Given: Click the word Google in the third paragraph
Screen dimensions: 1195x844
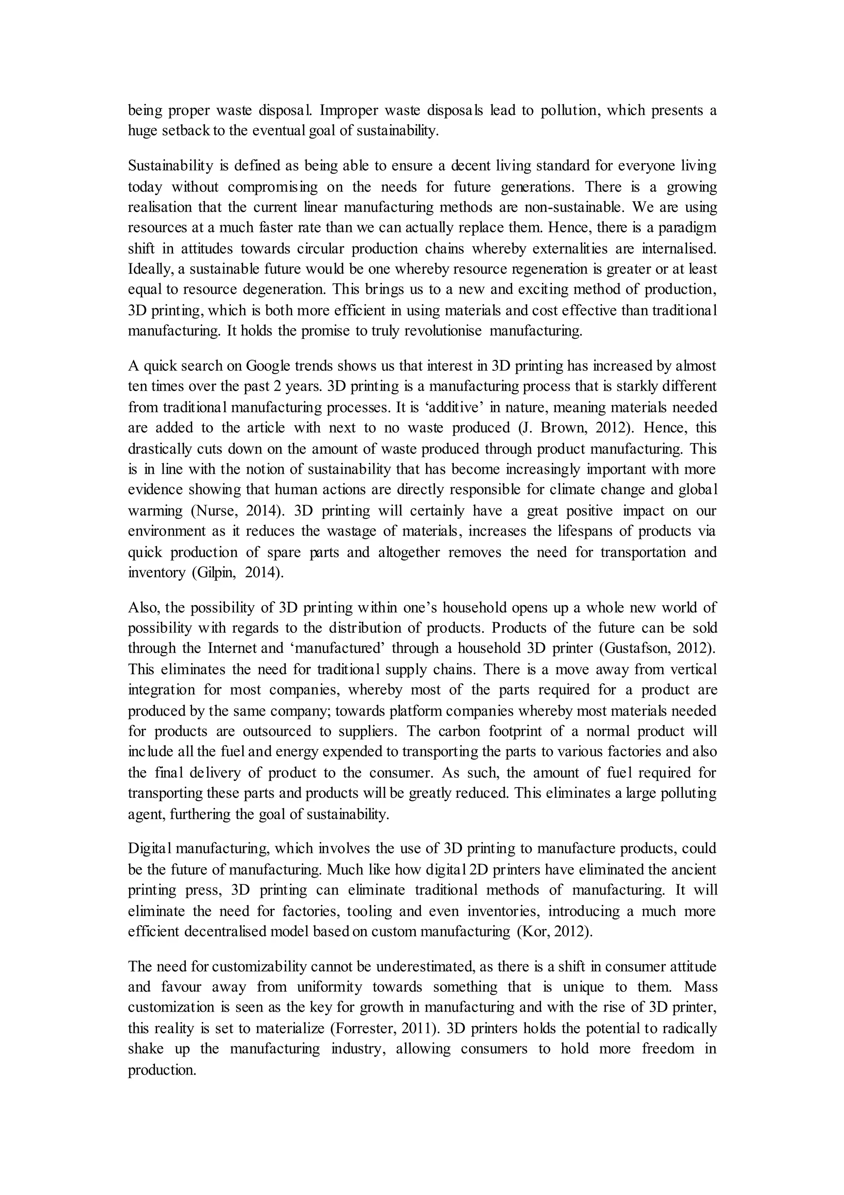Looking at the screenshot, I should pos(268,366).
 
